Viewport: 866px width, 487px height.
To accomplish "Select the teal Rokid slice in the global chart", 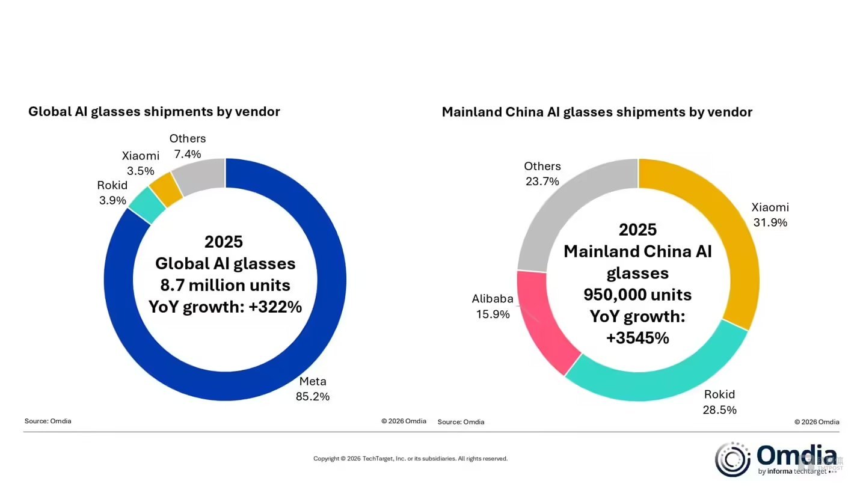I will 147,205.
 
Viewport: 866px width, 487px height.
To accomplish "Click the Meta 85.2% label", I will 312,389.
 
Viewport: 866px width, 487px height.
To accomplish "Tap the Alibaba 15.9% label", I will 491,306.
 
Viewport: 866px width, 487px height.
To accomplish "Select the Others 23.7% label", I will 542,173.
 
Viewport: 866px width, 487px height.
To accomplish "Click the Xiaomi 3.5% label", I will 141,163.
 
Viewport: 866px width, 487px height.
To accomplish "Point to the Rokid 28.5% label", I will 719,402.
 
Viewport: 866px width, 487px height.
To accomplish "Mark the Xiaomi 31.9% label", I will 770,215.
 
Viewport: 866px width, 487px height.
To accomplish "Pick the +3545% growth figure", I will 637,338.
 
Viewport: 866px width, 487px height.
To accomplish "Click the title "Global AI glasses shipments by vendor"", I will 154,111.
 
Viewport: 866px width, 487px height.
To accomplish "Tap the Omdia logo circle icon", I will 732,459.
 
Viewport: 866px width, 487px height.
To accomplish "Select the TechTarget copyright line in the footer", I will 410,459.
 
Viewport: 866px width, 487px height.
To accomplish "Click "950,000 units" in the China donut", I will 637,295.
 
